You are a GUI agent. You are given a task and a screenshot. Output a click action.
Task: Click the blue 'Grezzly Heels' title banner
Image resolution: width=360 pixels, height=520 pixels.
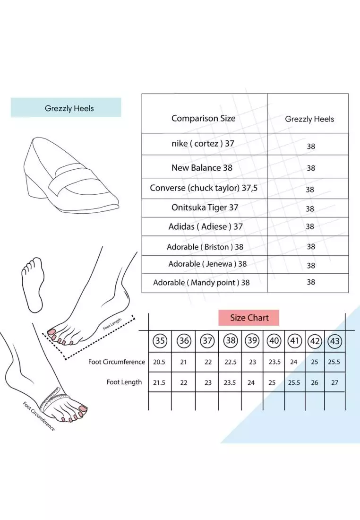coord(66,107)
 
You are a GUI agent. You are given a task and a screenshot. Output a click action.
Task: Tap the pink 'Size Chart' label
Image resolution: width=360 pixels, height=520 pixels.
coord(249,318)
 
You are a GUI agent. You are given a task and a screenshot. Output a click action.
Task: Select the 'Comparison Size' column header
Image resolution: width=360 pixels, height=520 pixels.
coord(203,118)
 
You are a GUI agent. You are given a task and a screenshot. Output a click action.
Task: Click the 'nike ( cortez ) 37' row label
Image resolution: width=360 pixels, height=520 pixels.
coord(203,144)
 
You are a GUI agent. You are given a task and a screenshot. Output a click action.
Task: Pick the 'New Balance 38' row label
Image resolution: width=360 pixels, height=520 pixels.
coord(202,168)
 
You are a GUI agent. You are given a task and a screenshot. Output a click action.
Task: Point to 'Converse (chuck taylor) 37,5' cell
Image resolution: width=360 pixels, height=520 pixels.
coord(204,188)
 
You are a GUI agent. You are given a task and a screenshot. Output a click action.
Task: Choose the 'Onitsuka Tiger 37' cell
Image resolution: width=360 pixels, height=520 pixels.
coord(205,208)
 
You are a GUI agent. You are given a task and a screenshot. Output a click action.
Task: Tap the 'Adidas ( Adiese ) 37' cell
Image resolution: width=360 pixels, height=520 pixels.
coord(206,226)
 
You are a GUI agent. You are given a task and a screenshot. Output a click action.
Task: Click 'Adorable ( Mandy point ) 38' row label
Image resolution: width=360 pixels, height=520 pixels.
coord(201,283)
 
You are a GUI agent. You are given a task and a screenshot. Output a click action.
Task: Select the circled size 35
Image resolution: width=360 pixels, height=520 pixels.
coord(160,340)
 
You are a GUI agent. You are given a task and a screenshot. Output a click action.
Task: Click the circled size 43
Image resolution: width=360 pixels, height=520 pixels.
coord(335,341)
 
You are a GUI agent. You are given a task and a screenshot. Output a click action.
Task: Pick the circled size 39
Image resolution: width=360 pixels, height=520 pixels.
coord(252,340)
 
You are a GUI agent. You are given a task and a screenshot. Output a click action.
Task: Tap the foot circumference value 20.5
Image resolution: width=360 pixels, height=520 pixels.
coord(159,362)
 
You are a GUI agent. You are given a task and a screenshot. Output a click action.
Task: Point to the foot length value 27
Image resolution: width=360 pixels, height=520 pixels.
coord(335,383)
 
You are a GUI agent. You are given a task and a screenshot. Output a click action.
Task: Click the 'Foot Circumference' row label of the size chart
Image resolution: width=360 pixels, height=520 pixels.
coord(116,362)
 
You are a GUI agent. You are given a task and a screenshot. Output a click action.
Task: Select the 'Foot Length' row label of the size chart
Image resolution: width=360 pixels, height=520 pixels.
coord(124,382)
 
